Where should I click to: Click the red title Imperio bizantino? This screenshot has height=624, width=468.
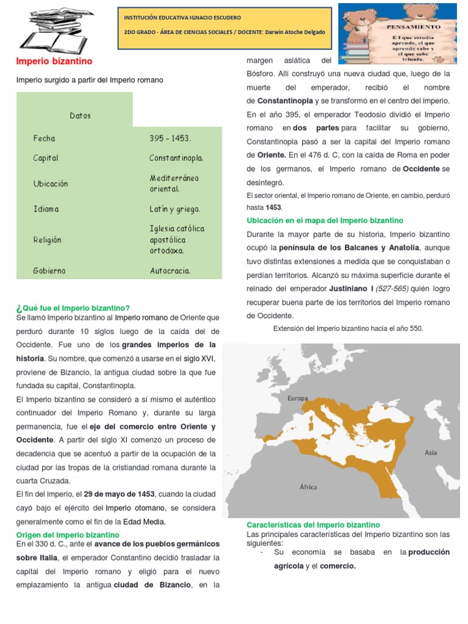tap(54, 62)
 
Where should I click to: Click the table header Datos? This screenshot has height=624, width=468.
tap(80, 116)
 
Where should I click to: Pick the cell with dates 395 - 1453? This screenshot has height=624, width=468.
tap(171, 139)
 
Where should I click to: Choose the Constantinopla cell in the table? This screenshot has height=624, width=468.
tap(176, 158)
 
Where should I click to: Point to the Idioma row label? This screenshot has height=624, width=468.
tap(46, 209)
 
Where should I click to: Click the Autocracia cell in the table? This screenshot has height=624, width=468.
tap(170, 271)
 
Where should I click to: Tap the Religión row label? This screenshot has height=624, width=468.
tap(48, 240)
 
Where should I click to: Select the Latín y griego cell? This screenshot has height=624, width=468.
tap(174, 209)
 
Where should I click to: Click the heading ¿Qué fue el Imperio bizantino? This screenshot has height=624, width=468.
tap(73, 308)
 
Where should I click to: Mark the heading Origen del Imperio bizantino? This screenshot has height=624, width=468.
tap(68, 534)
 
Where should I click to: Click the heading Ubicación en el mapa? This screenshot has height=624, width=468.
tap(325, 221)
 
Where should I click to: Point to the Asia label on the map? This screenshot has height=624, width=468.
tap(431, 453)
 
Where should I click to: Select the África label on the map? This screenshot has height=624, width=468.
tap(308, 486)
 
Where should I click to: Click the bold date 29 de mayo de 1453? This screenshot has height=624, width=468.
tap(119, 494)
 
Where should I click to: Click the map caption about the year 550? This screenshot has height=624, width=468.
tap(348, 328)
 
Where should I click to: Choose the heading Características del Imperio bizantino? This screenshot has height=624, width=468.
tap(313, 525)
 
